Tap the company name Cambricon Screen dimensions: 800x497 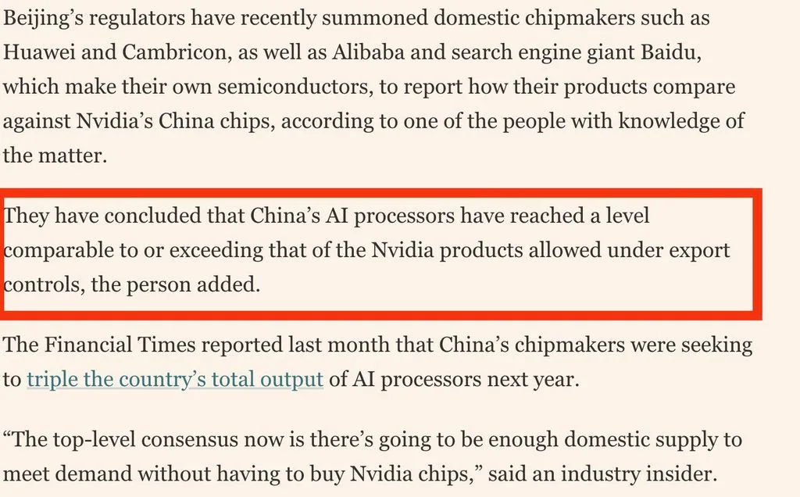pos(174,52)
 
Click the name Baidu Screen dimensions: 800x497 pos(670,53)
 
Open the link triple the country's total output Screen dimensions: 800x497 pos(175,380)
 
